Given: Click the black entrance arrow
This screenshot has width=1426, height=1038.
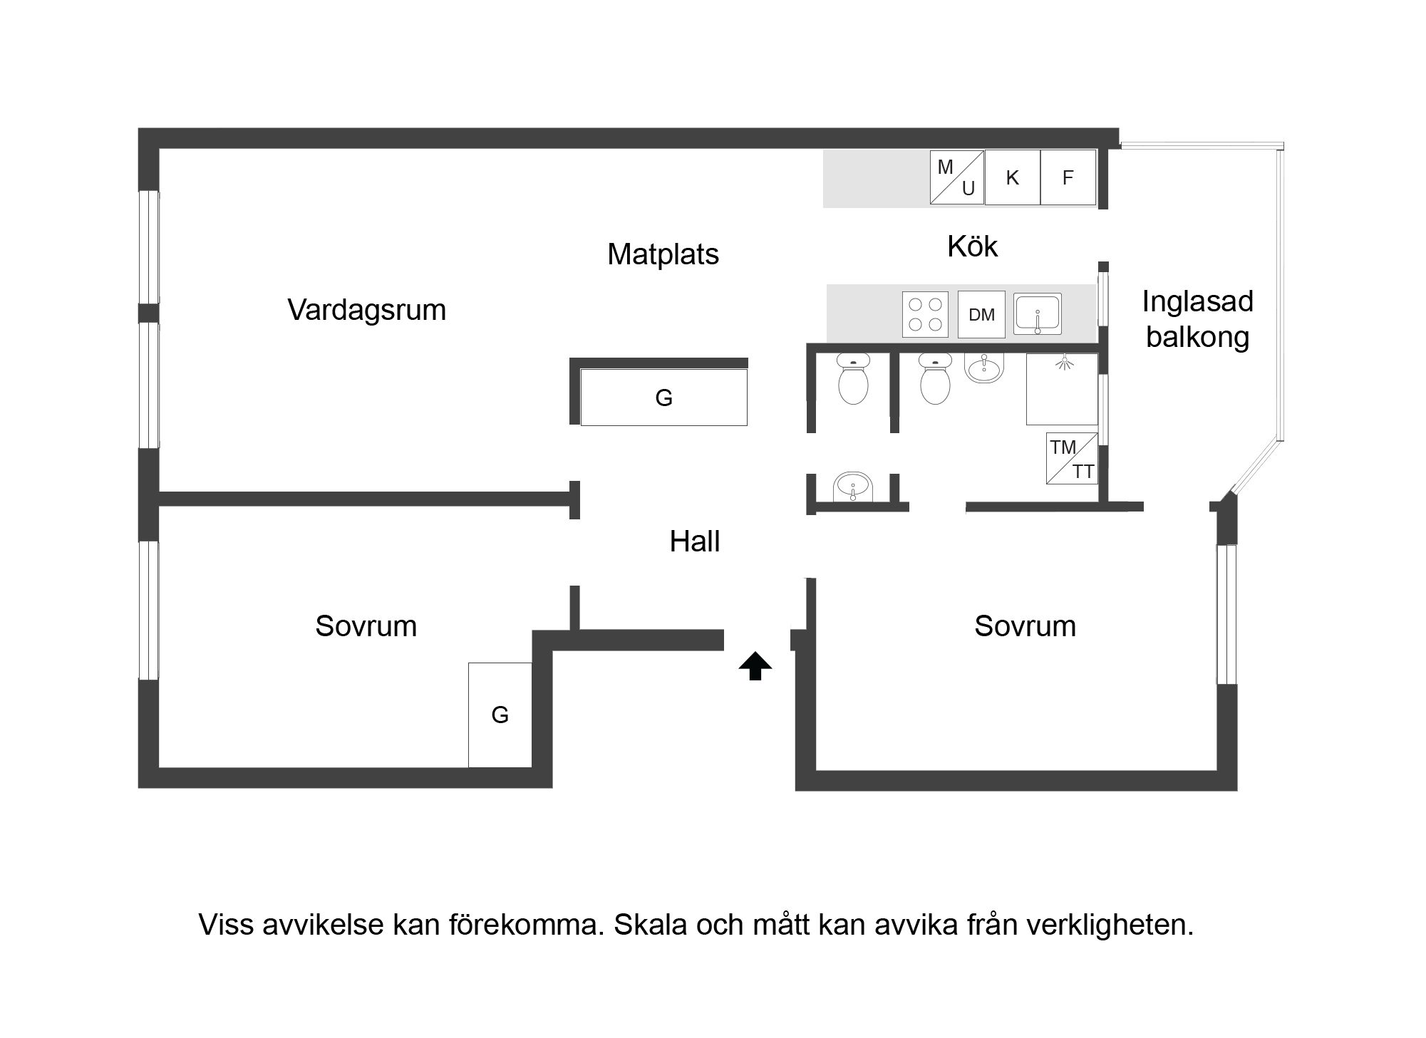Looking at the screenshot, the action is [x=755, y=667].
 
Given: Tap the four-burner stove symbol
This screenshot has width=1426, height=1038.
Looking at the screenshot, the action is [x=925, y=314].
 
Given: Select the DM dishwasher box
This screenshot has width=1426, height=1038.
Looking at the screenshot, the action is [x=981, y=314].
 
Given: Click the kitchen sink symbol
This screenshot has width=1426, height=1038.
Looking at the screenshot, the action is [x=1038, y=314].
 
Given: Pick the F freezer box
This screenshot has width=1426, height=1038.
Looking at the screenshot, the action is [x=1068, y=177].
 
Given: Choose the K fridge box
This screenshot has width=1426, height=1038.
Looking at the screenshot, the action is [x=1013, y=177].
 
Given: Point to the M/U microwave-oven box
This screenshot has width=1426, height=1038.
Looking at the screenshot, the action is [x=957, y=177].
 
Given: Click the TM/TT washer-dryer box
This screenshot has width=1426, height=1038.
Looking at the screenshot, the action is [x=1072, y=458].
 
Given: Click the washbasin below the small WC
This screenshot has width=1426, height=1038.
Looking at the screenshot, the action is [x=852, y=487].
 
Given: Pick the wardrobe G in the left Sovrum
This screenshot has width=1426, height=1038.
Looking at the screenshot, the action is [x=500, y=715].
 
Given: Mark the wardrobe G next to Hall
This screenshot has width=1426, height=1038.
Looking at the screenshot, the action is [x=663, y=398].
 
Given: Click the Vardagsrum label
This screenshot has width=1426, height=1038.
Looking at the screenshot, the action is [x=367, y=310].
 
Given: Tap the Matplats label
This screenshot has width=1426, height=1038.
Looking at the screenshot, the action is [x=663, y=254].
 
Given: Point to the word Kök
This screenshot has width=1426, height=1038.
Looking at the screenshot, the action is [x=972, y=246].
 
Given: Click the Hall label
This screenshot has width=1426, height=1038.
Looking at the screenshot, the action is [x=695, y=541].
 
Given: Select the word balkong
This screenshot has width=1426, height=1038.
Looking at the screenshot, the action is [x=1197, y=337].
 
